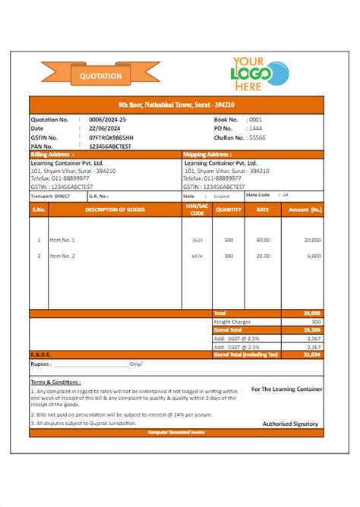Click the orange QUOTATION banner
(x=100, y=75)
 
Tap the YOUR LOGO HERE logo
(x=260, y=74)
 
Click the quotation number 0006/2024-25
(x=107, y=120)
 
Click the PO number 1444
(x=256, y=128)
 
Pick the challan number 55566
(x=257, y=137)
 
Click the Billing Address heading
(x=52, y=154)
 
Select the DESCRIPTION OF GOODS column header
(x=115, y=209)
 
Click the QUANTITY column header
(x=229, y=209)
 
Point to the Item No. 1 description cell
(x=62, y=240)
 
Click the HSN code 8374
(x=197, y=256)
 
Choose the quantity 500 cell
(x=228, y=240)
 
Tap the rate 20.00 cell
(x=263, y=256)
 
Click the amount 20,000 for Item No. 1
(x=311, y=240)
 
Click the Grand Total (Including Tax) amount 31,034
(x=312, y=354)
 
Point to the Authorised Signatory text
(x=290, y=424)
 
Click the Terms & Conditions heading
(x=55, y=382)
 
